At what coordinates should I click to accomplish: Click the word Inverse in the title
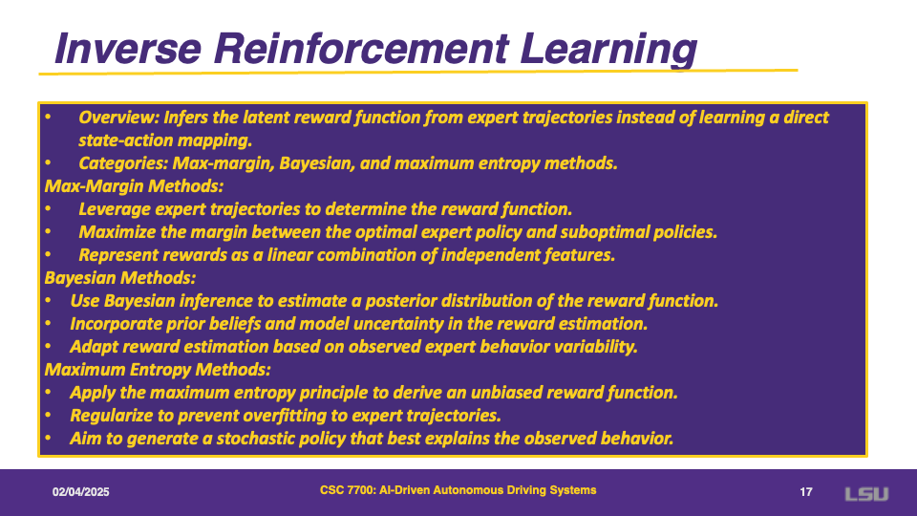click(128, 48)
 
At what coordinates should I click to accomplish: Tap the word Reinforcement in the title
click(361, 48)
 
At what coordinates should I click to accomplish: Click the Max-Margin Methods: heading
click(134, 186)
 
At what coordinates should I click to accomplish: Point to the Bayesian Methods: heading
click(120, 278)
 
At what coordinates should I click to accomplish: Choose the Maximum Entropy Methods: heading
click(158, 370)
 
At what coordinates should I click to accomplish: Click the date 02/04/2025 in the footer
click(80, 492)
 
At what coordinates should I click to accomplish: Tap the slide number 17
click(806, 492)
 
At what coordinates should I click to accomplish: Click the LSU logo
click(866, 494)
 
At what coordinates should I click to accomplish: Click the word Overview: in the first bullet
click(119, 118)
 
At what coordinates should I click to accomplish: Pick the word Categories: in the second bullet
click(123, 163)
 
